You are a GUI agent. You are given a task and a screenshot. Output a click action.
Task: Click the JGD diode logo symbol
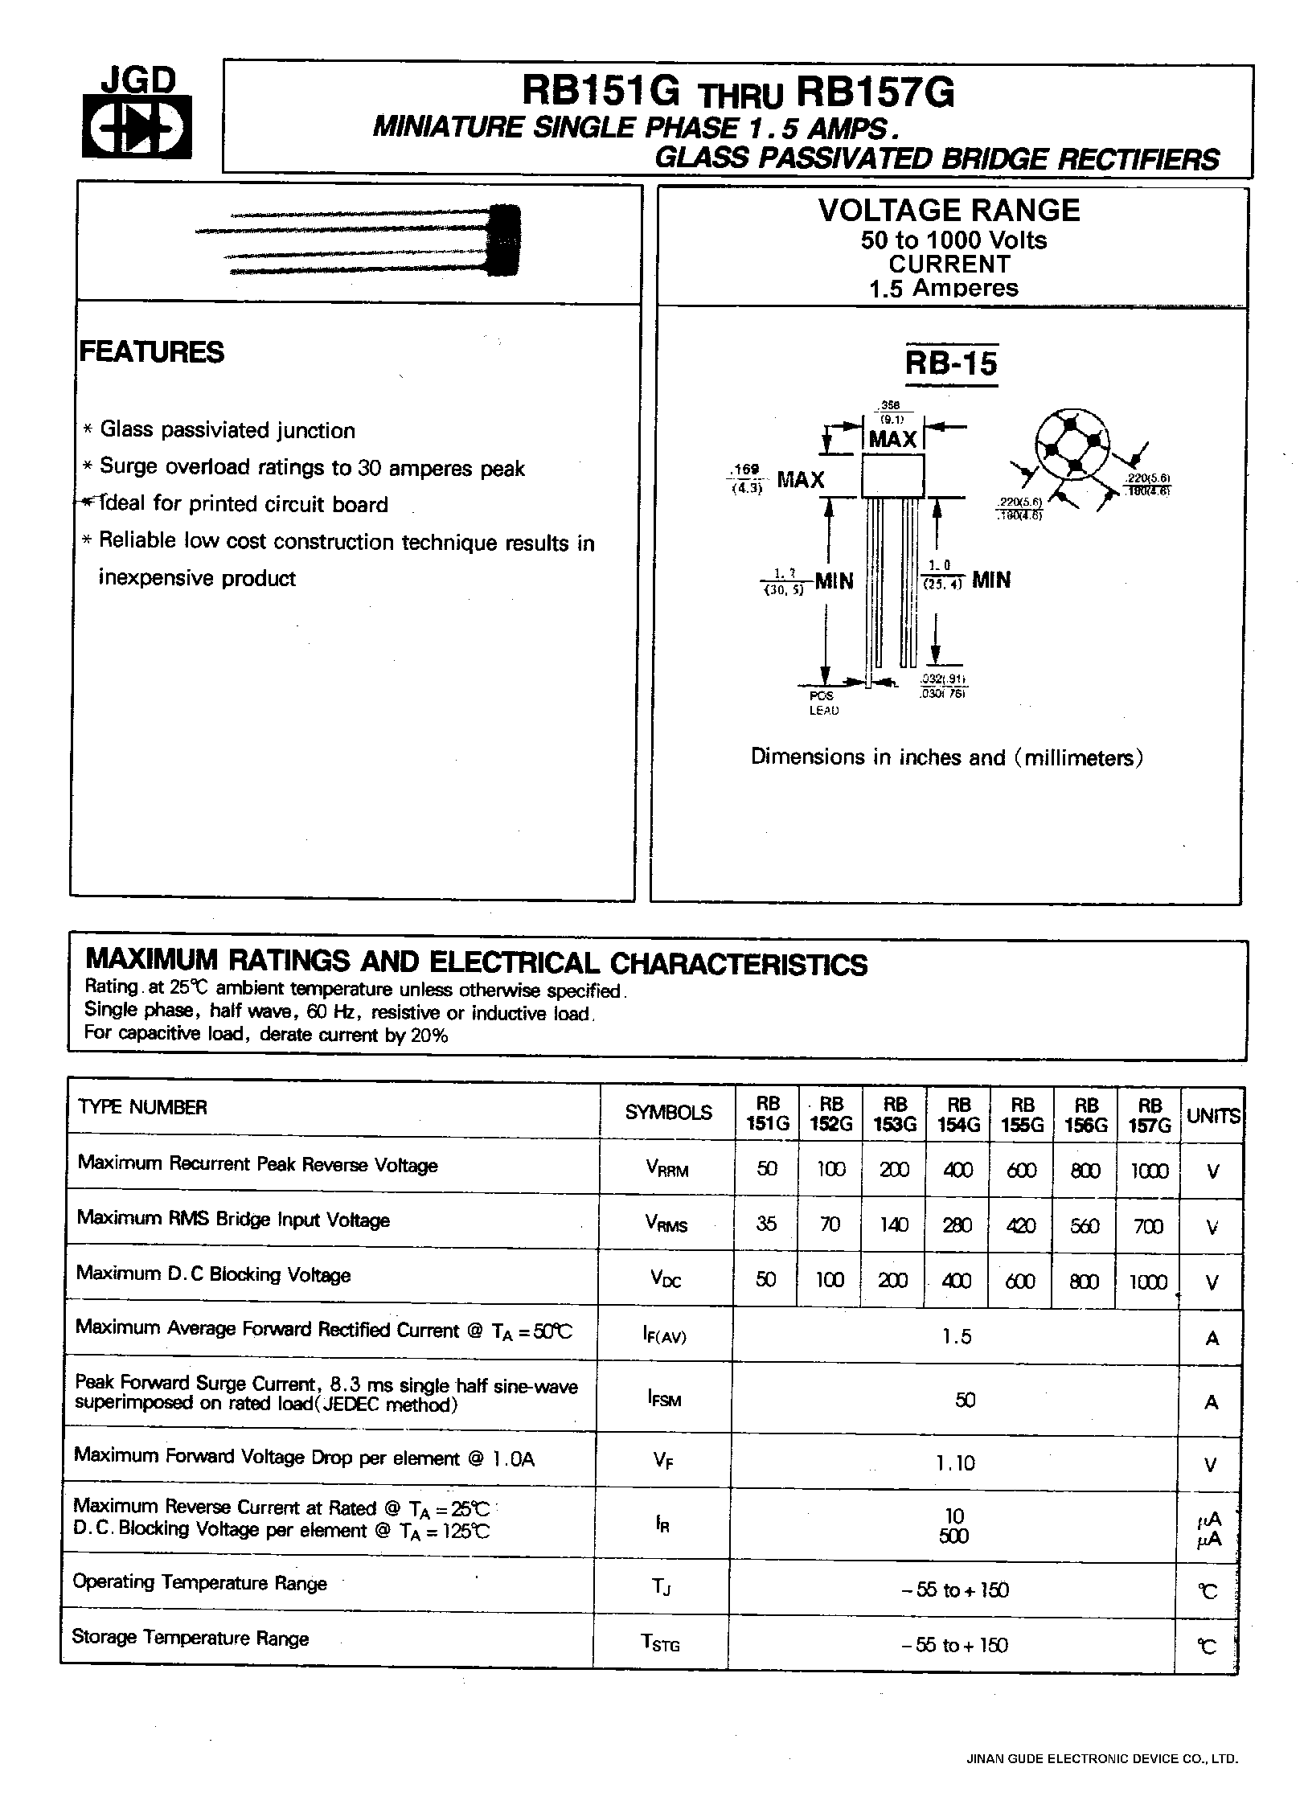tap(137, 127)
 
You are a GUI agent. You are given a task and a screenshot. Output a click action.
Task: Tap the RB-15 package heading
tap(950, 363)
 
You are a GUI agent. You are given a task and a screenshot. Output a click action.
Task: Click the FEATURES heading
tap(152, 352)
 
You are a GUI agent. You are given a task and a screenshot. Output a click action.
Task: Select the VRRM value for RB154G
tap(957, 1170)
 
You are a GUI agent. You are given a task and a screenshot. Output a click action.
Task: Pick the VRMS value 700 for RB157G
tap(1148, 1225)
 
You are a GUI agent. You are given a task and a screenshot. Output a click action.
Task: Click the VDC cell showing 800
tap(1084, 1281)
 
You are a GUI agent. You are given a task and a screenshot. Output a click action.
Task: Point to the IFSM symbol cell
tap(664, 1399)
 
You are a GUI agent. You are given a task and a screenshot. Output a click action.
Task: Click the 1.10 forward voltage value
tap(955, 1462)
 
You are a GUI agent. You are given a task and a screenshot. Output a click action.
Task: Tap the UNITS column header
tap(1212, 1116)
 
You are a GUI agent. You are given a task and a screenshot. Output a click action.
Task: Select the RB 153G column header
tap(894, 1114)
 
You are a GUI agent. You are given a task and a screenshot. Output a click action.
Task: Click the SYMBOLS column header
tap(668, 1113)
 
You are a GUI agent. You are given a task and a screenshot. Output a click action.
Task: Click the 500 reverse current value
tap(954, 1536)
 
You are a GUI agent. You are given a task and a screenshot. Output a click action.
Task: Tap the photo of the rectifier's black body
tap(505, 240)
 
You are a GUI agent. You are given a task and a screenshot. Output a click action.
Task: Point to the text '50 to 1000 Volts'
tap(953, 240)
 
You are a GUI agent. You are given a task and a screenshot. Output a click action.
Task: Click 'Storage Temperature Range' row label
tap(191, 1638)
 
